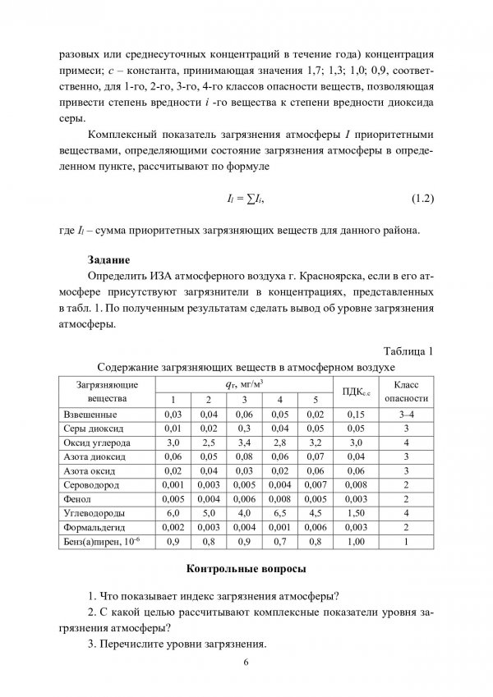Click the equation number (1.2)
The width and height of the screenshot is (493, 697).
tap(417, 199)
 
